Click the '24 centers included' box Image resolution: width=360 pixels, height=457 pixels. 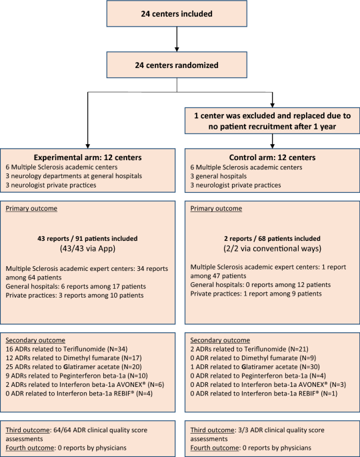point(177,14)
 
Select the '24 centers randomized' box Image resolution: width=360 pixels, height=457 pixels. point(177,65)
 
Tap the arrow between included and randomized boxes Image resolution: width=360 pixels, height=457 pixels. point(177,39)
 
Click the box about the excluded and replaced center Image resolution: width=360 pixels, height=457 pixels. point(272,121)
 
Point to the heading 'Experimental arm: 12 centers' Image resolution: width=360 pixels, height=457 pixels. point(88,157)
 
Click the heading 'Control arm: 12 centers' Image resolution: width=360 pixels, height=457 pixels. point(272,157)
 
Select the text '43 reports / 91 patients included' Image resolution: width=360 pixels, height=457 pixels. point(87,238)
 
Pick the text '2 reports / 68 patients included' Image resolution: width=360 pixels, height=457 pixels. point(272,238)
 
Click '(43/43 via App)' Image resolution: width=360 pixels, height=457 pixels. point(88,248)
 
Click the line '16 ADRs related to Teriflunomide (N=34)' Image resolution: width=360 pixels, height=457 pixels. point(67,349)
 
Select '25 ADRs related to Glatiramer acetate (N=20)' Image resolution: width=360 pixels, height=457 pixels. point(74,367)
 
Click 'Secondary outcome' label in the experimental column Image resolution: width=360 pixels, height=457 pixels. point(35,340)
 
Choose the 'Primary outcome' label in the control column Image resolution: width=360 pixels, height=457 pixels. point(216,208)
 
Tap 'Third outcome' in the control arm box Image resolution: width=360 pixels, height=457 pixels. point(212,430)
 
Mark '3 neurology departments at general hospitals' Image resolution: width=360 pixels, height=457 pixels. point(74,176)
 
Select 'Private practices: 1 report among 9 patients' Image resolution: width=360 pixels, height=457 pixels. point(256,294)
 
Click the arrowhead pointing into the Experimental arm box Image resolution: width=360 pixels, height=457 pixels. point(88,146)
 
